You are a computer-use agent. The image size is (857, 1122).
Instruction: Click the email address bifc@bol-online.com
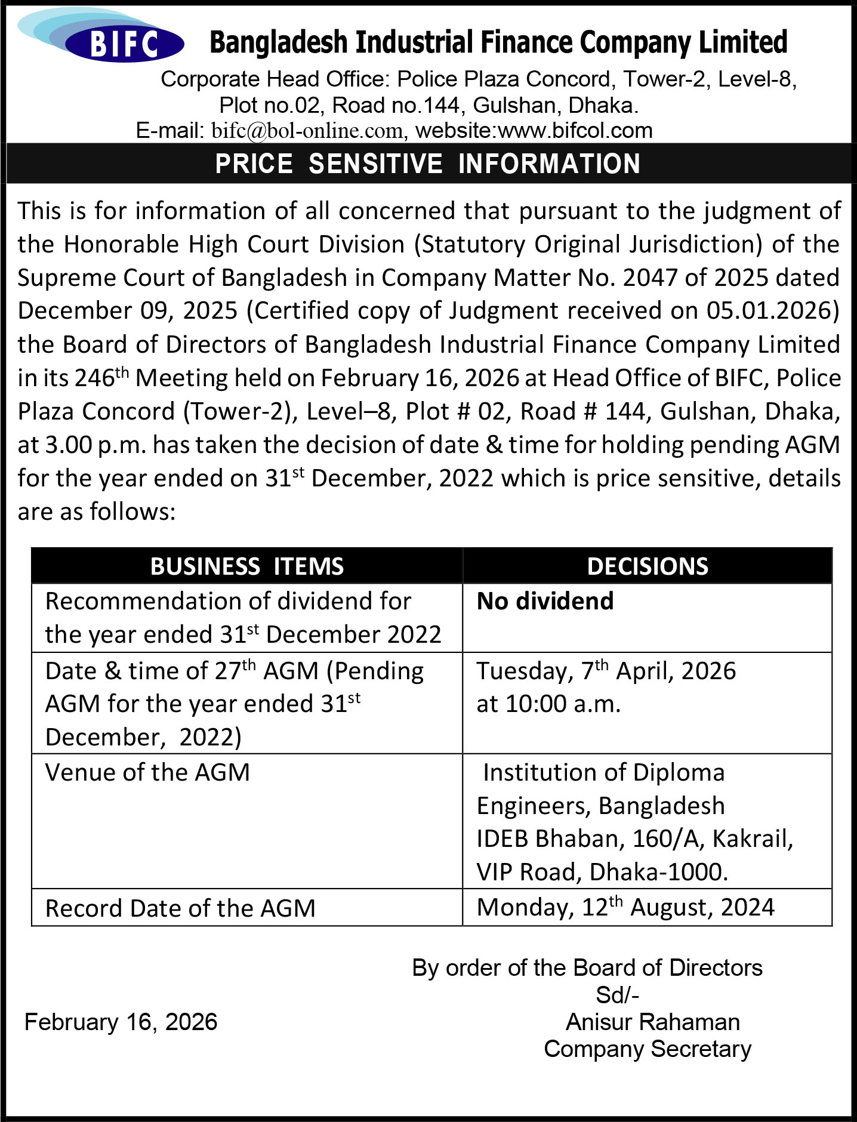307,131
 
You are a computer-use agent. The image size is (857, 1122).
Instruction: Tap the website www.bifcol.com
575,131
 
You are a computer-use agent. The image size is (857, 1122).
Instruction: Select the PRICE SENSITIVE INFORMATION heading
427,164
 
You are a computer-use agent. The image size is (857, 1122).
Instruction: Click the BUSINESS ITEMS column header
246,566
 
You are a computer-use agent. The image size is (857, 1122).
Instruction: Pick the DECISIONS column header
648,566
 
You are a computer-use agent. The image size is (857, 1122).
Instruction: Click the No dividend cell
545,601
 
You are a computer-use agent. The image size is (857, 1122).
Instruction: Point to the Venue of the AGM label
147,772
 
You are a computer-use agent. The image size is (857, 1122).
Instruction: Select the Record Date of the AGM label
180,908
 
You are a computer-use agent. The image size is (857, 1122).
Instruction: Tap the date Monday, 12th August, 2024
625,907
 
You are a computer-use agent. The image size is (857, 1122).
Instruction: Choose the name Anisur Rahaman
652,1022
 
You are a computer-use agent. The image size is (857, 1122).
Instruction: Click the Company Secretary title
648,1049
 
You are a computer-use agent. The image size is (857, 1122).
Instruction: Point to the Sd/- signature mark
617,995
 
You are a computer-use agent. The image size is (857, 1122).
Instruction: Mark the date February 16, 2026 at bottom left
121,1022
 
